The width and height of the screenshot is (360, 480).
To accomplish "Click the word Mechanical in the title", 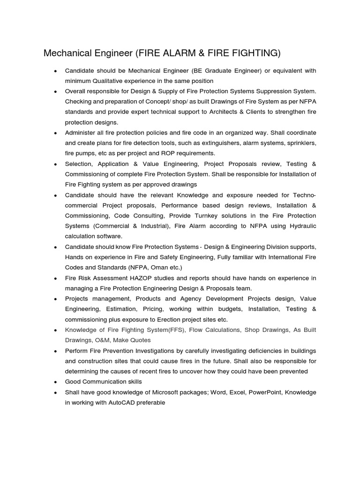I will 66,53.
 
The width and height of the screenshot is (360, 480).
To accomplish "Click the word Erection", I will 187,319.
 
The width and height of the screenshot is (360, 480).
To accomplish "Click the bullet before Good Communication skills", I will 55,382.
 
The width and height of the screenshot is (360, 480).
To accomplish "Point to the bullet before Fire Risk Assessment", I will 55,278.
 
